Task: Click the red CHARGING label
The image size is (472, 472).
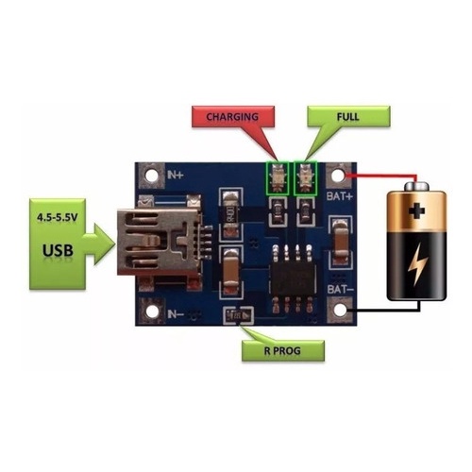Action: coord(230,117)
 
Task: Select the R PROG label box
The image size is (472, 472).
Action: coord(282,351)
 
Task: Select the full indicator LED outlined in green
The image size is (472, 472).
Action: coord(306,177)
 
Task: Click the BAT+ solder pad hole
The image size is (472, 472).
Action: coord(340,176)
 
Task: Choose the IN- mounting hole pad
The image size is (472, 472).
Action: coord(148,310)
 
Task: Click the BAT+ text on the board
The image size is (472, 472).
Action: coord(340,198)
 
